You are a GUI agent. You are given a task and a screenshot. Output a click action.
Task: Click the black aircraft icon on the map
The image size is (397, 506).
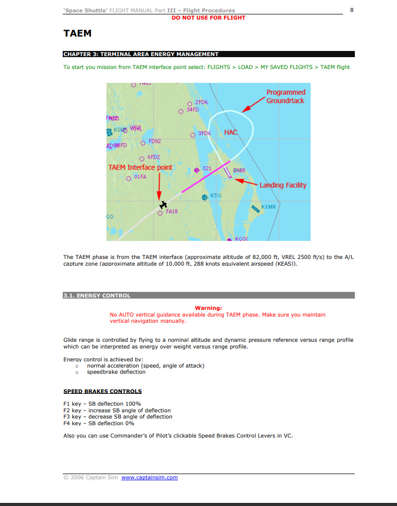tap(163, 205)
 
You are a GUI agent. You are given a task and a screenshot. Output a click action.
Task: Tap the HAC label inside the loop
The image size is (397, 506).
tap(231, 132)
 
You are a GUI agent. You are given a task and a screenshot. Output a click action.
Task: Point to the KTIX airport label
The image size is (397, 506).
tap(216, 196)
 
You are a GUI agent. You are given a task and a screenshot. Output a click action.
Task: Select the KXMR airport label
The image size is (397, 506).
tap(268, 207)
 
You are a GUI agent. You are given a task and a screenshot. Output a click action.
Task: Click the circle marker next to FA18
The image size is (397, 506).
tap(160, 213)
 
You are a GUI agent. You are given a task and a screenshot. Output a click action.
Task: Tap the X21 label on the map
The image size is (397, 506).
tap(207, 169)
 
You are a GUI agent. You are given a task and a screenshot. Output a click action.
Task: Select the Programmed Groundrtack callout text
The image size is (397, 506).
tap(285, 97)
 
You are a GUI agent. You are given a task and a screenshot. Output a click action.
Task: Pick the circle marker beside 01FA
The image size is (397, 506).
tap(129, 178)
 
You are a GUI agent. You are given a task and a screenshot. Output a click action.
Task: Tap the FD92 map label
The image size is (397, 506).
tap(154, 141)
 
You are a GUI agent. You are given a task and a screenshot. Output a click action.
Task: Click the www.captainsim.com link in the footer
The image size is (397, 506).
tap(150, 478)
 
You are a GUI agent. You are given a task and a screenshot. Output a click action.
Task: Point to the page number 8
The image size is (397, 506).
tap(352, 10)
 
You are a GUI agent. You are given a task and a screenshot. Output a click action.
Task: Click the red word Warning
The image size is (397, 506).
tap(208, 308)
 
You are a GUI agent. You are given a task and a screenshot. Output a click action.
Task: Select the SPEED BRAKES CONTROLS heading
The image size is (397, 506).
tap(102, 392)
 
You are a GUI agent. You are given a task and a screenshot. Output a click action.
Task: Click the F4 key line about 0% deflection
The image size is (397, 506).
tap(99, 424)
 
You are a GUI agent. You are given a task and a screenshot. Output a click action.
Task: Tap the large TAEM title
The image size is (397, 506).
tap(77, 34)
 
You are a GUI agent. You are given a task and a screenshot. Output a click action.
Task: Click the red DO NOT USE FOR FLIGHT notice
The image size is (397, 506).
tap(208, 18)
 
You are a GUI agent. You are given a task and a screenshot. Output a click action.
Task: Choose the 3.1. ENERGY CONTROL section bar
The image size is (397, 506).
tap(208, 295)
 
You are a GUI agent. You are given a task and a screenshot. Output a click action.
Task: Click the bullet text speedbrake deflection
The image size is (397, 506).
tap(116, 372)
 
